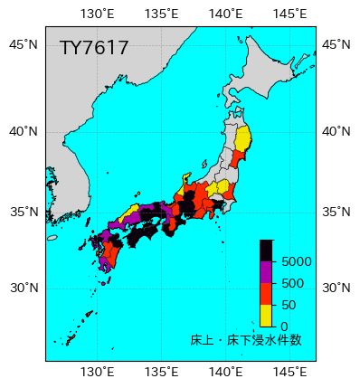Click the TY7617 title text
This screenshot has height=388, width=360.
[94, 48]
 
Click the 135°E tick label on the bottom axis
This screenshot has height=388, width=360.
[161, 372]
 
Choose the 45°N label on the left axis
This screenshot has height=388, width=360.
[24, 45]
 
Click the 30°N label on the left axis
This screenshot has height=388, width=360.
[24, 289]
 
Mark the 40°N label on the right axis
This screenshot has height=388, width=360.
[337, 131]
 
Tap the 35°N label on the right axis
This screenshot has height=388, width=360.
[337, 213]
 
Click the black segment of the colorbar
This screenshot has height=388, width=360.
[266, 251]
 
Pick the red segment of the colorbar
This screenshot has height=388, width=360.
[266, 294]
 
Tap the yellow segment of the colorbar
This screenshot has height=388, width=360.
[266, 315]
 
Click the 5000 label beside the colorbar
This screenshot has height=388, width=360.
[297, 261]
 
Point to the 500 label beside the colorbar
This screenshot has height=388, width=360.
[292, 283]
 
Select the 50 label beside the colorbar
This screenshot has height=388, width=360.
[289, 305]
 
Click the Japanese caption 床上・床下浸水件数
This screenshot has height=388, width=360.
[246, 340]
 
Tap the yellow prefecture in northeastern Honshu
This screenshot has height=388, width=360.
[243, 142]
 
